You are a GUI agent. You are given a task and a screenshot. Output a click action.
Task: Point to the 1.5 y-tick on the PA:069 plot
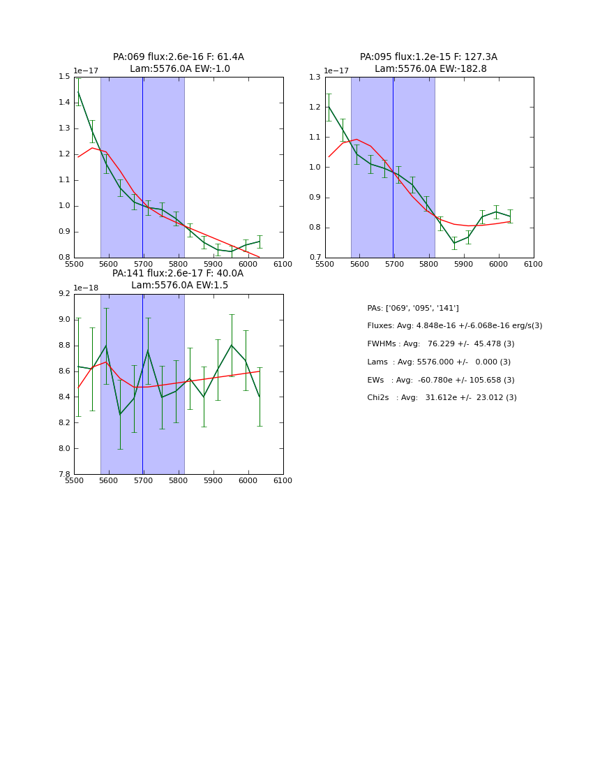click(x=63, y=77)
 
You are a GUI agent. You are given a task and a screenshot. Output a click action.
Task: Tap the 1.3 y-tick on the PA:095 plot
click(x=314, y=77)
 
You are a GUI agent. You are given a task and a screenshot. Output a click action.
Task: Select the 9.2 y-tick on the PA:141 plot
click(x=63, y=294)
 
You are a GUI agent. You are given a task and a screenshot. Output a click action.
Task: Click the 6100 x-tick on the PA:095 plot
click(x=534, y=263)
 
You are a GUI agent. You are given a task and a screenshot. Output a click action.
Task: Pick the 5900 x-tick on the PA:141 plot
click(x=213, y=480)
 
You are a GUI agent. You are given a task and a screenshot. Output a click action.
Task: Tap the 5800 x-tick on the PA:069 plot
click(x=179, y=263)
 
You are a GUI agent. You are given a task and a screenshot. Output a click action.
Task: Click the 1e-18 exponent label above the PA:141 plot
click(x=86, y=288)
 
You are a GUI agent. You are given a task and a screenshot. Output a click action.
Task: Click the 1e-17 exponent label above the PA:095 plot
click(x=336, y=71)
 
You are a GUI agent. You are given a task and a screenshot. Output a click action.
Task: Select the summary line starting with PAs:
click(x=413, y=308)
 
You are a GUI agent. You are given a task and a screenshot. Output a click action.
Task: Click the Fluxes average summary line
click(x=454, y=326)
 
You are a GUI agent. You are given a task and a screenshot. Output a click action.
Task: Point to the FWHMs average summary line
click(x=440, y=344)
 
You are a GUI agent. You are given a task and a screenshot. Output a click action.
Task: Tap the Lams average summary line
click(x=439, y=362)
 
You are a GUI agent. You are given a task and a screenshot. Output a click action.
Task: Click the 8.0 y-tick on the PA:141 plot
click(x=63, y=449)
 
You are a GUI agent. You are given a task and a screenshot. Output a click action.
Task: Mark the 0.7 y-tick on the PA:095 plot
click(x=314, y=258)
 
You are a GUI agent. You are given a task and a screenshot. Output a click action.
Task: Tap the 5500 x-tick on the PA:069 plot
click(x=74, y=263)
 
